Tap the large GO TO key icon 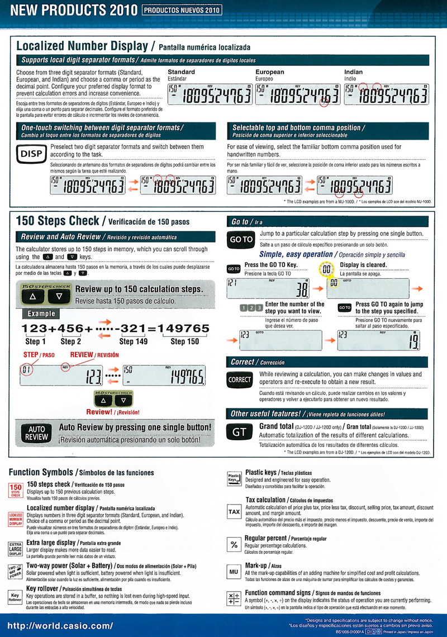pyautogui.click(x=241, y=239)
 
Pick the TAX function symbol pyautogui.click(x=234, y=511)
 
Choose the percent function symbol pyautogui.click(x=234, y=544)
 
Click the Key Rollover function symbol pyautogui.click(x=16, y=596)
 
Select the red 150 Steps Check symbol pyautogui.click(x=16, y=490)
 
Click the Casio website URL pyautogui.click(x=60, y=625)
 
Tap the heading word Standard pyautogui.click(x=181, y=72)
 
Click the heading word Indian pyautogui.click(x=353, y=72)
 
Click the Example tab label pyautogui.click(x=41, y=314)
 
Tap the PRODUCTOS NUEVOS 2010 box pyautogui.click(x=182, y=9)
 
